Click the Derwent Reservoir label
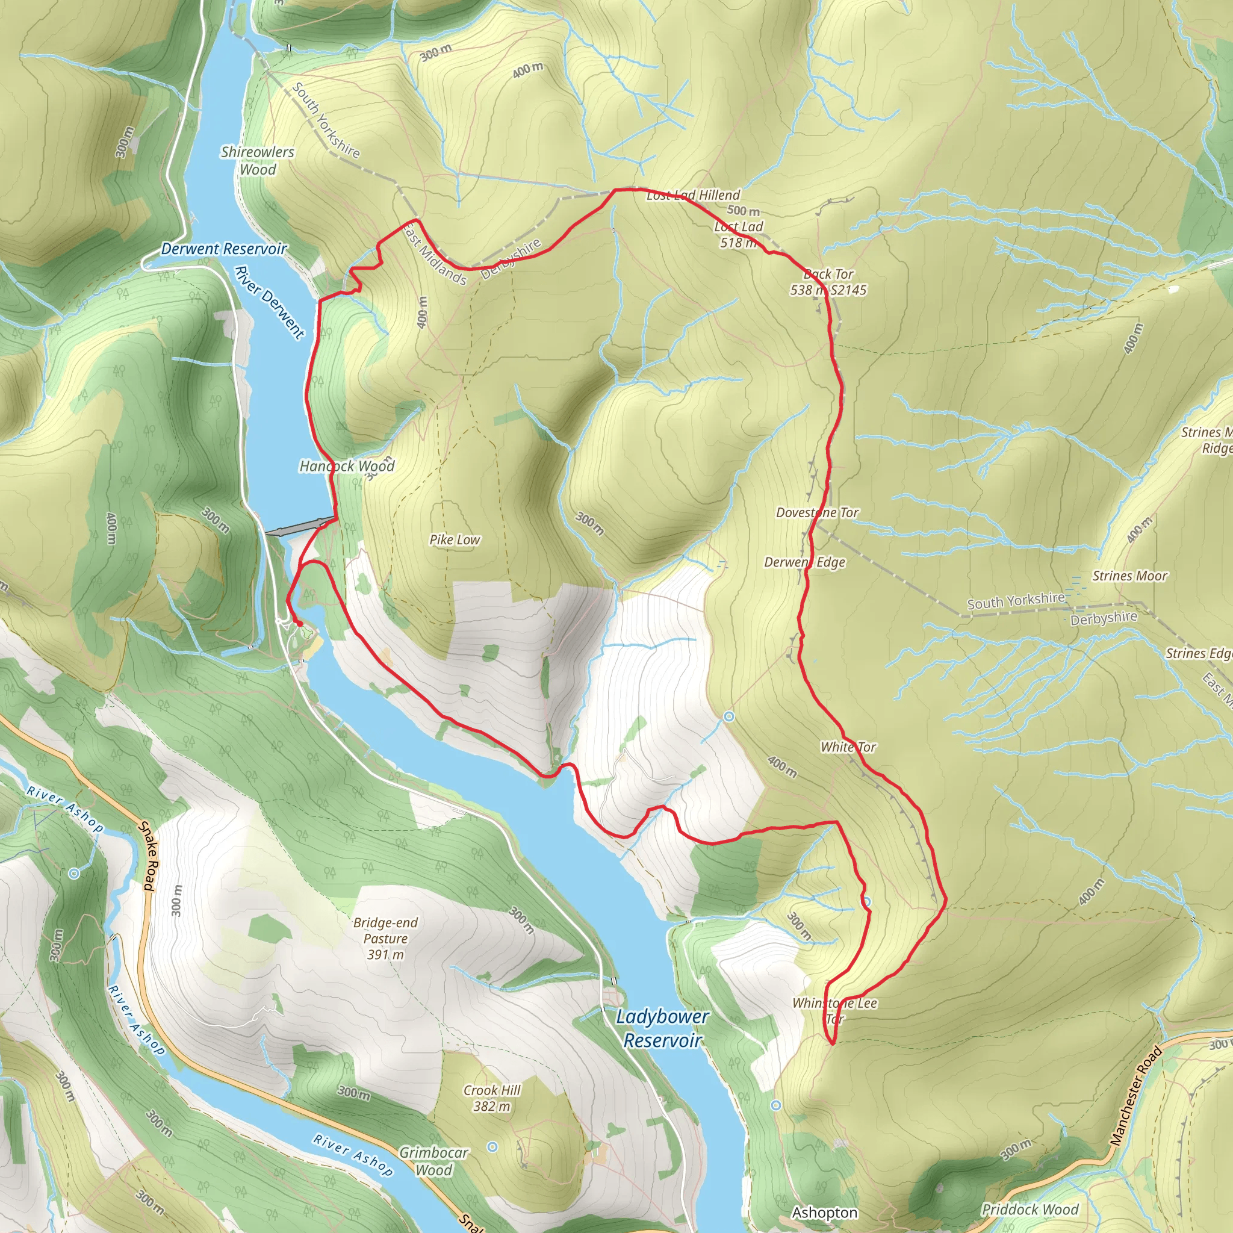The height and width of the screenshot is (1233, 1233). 223,249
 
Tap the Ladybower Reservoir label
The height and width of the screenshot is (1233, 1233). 662,1028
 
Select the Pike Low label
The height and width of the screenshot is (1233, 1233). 455,540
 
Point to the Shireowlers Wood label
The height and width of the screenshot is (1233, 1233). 258,161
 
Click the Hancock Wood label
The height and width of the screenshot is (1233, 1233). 347,467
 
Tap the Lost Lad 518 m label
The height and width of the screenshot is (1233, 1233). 738,234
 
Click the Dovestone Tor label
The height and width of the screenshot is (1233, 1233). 817,512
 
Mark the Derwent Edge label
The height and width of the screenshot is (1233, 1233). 805,562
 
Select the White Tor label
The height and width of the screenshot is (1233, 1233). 848,747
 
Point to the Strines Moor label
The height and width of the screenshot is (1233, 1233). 1129,576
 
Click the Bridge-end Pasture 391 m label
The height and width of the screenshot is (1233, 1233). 385,938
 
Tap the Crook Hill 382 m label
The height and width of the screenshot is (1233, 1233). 492,1098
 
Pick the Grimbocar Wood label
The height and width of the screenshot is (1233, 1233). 434,1161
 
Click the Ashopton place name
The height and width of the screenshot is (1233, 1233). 825,1213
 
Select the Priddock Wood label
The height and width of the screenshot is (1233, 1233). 1030,1210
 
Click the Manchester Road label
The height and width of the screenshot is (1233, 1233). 1135,1096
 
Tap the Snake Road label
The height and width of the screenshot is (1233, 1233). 148,855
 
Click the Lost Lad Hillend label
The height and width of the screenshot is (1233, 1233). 693,195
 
